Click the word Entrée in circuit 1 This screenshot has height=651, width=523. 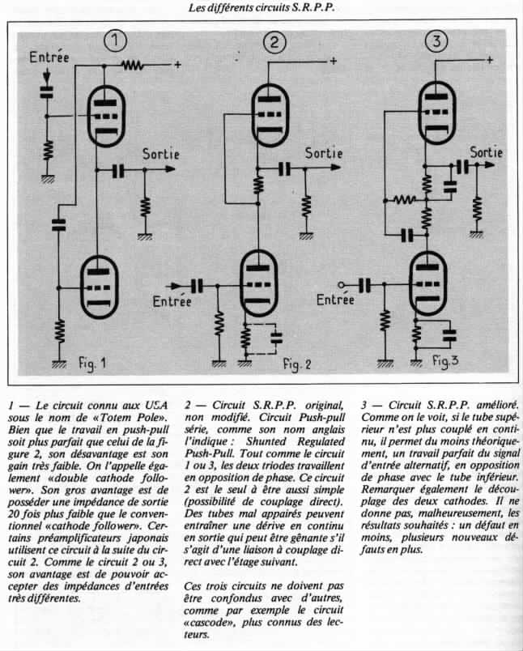(49, 57)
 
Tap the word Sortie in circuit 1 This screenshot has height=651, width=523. (161, 153)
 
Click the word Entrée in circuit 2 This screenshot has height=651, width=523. (172, 302)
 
